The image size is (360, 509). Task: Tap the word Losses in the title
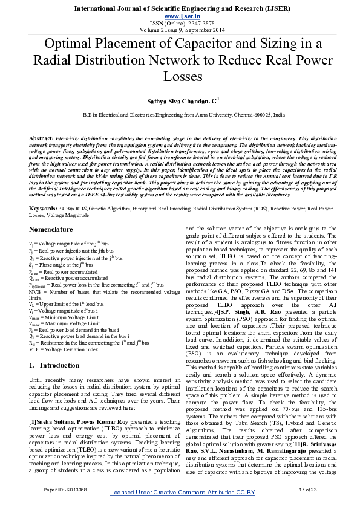[x=180, y=77]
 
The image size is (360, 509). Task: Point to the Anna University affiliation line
[x=180, y=114]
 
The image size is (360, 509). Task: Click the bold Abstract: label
[x=41, y=138]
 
